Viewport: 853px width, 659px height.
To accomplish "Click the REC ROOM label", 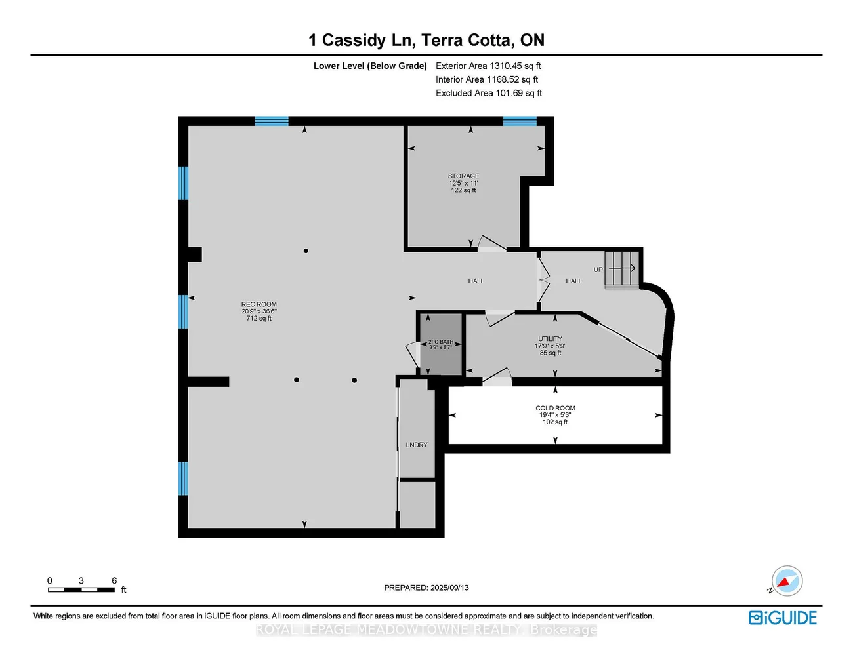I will pyautogui.click(x=259, y=304).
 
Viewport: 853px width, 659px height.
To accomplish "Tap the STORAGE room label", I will pyautogui.click(x=463, y=176).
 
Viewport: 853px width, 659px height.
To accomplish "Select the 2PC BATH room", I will pyautogui.click(x=441, y=344).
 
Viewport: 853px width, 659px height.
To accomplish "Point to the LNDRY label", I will pyautogui.click(x=417, y=445).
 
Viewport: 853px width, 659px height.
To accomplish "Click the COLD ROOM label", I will pyautogui.click(x=555, y=408).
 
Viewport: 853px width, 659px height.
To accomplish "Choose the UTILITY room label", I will pyautogui.click(x=550, y=339).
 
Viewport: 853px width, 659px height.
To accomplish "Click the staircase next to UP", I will pyautogui.click(x=621, y=268).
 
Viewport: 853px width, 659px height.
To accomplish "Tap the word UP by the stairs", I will pyautogui.click(x=598, y=270).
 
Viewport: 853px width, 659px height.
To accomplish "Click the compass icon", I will pyautogui.click(x=786, y=581).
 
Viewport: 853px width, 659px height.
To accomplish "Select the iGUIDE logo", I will pyautogui.click(x=783, y=618).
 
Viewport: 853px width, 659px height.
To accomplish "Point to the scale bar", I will pyautogui.click(x=81, y=589).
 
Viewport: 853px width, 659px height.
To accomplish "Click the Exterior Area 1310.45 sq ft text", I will pyautogui.click(x=488, y=66).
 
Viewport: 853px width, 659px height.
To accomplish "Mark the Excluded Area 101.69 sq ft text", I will pyautogui.click(x=489, y=93).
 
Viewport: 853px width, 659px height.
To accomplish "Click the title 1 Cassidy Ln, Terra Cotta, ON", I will pyautogui.click(x=427, y=40).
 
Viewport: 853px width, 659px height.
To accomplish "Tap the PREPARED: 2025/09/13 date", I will pyautogui.click(x=427, y=588).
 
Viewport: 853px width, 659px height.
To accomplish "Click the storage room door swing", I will pyautogui.click(x=491, y=243).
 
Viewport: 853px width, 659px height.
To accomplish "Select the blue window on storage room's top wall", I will pyautogui.click(x=520, y=121).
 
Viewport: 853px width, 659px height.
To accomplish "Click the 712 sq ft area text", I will pyautogui.click(x=259, y=319).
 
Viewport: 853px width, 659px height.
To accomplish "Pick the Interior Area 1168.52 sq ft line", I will pyautogui.click(x=487, y=79).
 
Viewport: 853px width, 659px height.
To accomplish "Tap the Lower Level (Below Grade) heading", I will pyautogui.click(x=370, y=66).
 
